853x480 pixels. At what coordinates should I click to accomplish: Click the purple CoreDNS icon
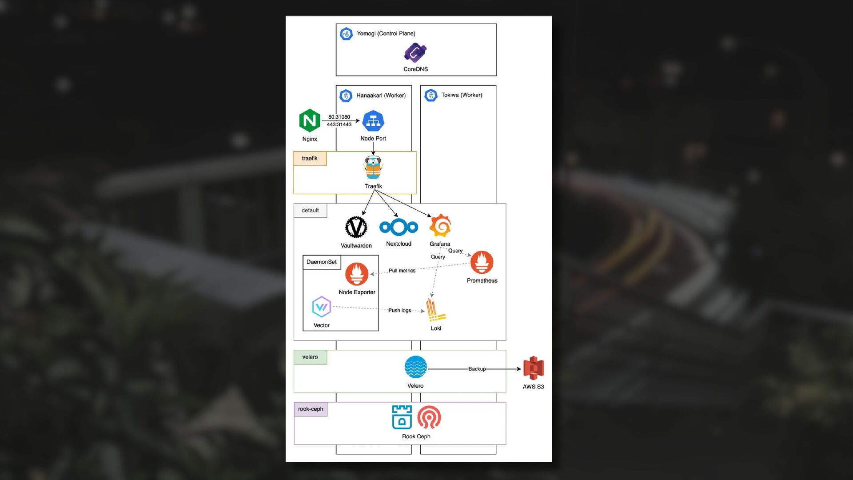(x=415, y=52)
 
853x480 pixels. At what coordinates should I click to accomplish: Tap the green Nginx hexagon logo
(x=310, y=120)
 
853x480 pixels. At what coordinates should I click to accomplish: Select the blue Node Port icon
(x=373, y=121)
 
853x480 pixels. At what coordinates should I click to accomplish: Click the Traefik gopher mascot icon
(x=373, y=168)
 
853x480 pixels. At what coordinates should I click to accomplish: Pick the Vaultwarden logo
(x=356, y=227)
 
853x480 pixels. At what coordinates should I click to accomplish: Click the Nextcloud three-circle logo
(x=399, y=227)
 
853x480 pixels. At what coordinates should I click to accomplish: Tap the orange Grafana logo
(x=440, y=226)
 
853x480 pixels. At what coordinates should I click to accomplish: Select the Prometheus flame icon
(x=482, y=262)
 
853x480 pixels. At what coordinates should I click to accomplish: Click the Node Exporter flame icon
(x=357, y=274)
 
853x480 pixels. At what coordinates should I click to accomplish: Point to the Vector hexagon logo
(x=322, y=307)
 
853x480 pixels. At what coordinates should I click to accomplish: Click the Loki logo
(x=435, y=310)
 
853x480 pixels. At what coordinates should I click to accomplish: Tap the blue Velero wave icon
(x=416, y=368)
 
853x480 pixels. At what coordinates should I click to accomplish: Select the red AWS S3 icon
(x=534, y=368)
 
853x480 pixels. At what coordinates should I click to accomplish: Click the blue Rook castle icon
(x=402, y=417)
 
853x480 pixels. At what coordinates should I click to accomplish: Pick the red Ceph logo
(x=429, y=417)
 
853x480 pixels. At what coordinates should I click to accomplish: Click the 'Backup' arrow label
(x=477, y=369)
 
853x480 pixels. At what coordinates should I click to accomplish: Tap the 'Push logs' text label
(x=399, y=310)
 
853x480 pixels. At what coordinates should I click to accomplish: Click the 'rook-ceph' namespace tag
(x=311, y=409)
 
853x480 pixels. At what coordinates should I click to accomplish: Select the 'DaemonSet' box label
(x=322, y=262)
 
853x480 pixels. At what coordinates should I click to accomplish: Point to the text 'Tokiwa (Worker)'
(x=462, y=95)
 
